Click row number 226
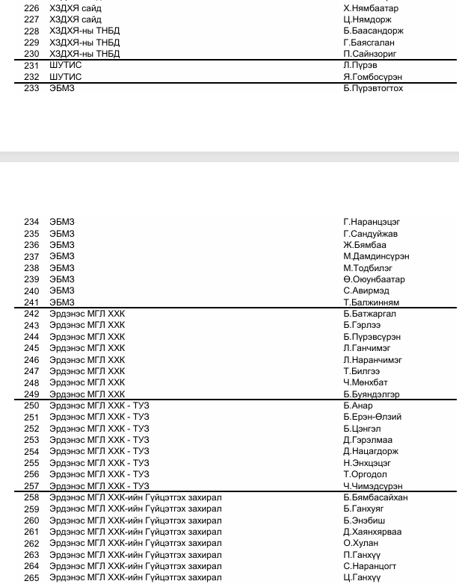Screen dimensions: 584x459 (31, 8)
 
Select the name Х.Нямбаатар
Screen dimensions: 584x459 (371, 8)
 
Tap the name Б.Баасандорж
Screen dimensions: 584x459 (373, 31)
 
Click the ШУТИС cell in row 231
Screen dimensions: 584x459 (66, 66)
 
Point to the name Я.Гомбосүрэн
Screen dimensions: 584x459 (372, 77)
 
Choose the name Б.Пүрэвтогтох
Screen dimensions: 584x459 (373, 89)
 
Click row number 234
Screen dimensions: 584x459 (31, 222)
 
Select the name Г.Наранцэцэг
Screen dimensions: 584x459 (372, 222)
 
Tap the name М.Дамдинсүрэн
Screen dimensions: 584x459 (376, 256)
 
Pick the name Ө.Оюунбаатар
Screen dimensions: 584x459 (374, 279)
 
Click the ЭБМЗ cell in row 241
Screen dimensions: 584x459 (62, 302)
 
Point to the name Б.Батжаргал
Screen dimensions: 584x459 (370, 314)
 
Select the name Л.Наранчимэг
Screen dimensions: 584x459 (372, 360)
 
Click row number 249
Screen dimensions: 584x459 (31, 394)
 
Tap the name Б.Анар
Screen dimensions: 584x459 (358, 406)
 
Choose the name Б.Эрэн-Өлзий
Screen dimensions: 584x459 (372, 417)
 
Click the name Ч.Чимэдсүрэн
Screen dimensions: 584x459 (372, 486)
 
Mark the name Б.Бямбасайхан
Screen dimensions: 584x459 (375, 497)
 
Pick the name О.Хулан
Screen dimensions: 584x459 (361, 544)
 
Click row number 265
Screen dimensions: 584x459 (31, 578)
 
